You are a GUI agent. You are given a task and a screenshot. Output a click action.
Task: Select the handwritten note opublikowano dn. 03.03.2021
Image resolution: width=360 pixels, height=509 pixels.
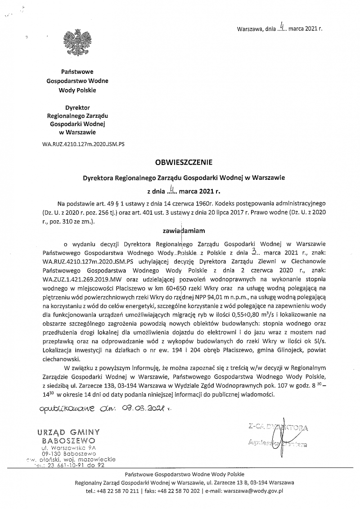pos(106,409)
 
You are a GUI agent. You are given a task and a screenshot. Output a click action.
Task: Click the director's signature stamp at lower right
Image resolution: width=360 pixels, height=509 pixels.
pos(278,436)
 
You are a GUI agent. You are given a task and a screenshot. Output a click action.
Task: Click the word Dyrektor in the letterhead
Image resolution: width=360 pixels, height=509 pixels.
pos(77,108)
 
